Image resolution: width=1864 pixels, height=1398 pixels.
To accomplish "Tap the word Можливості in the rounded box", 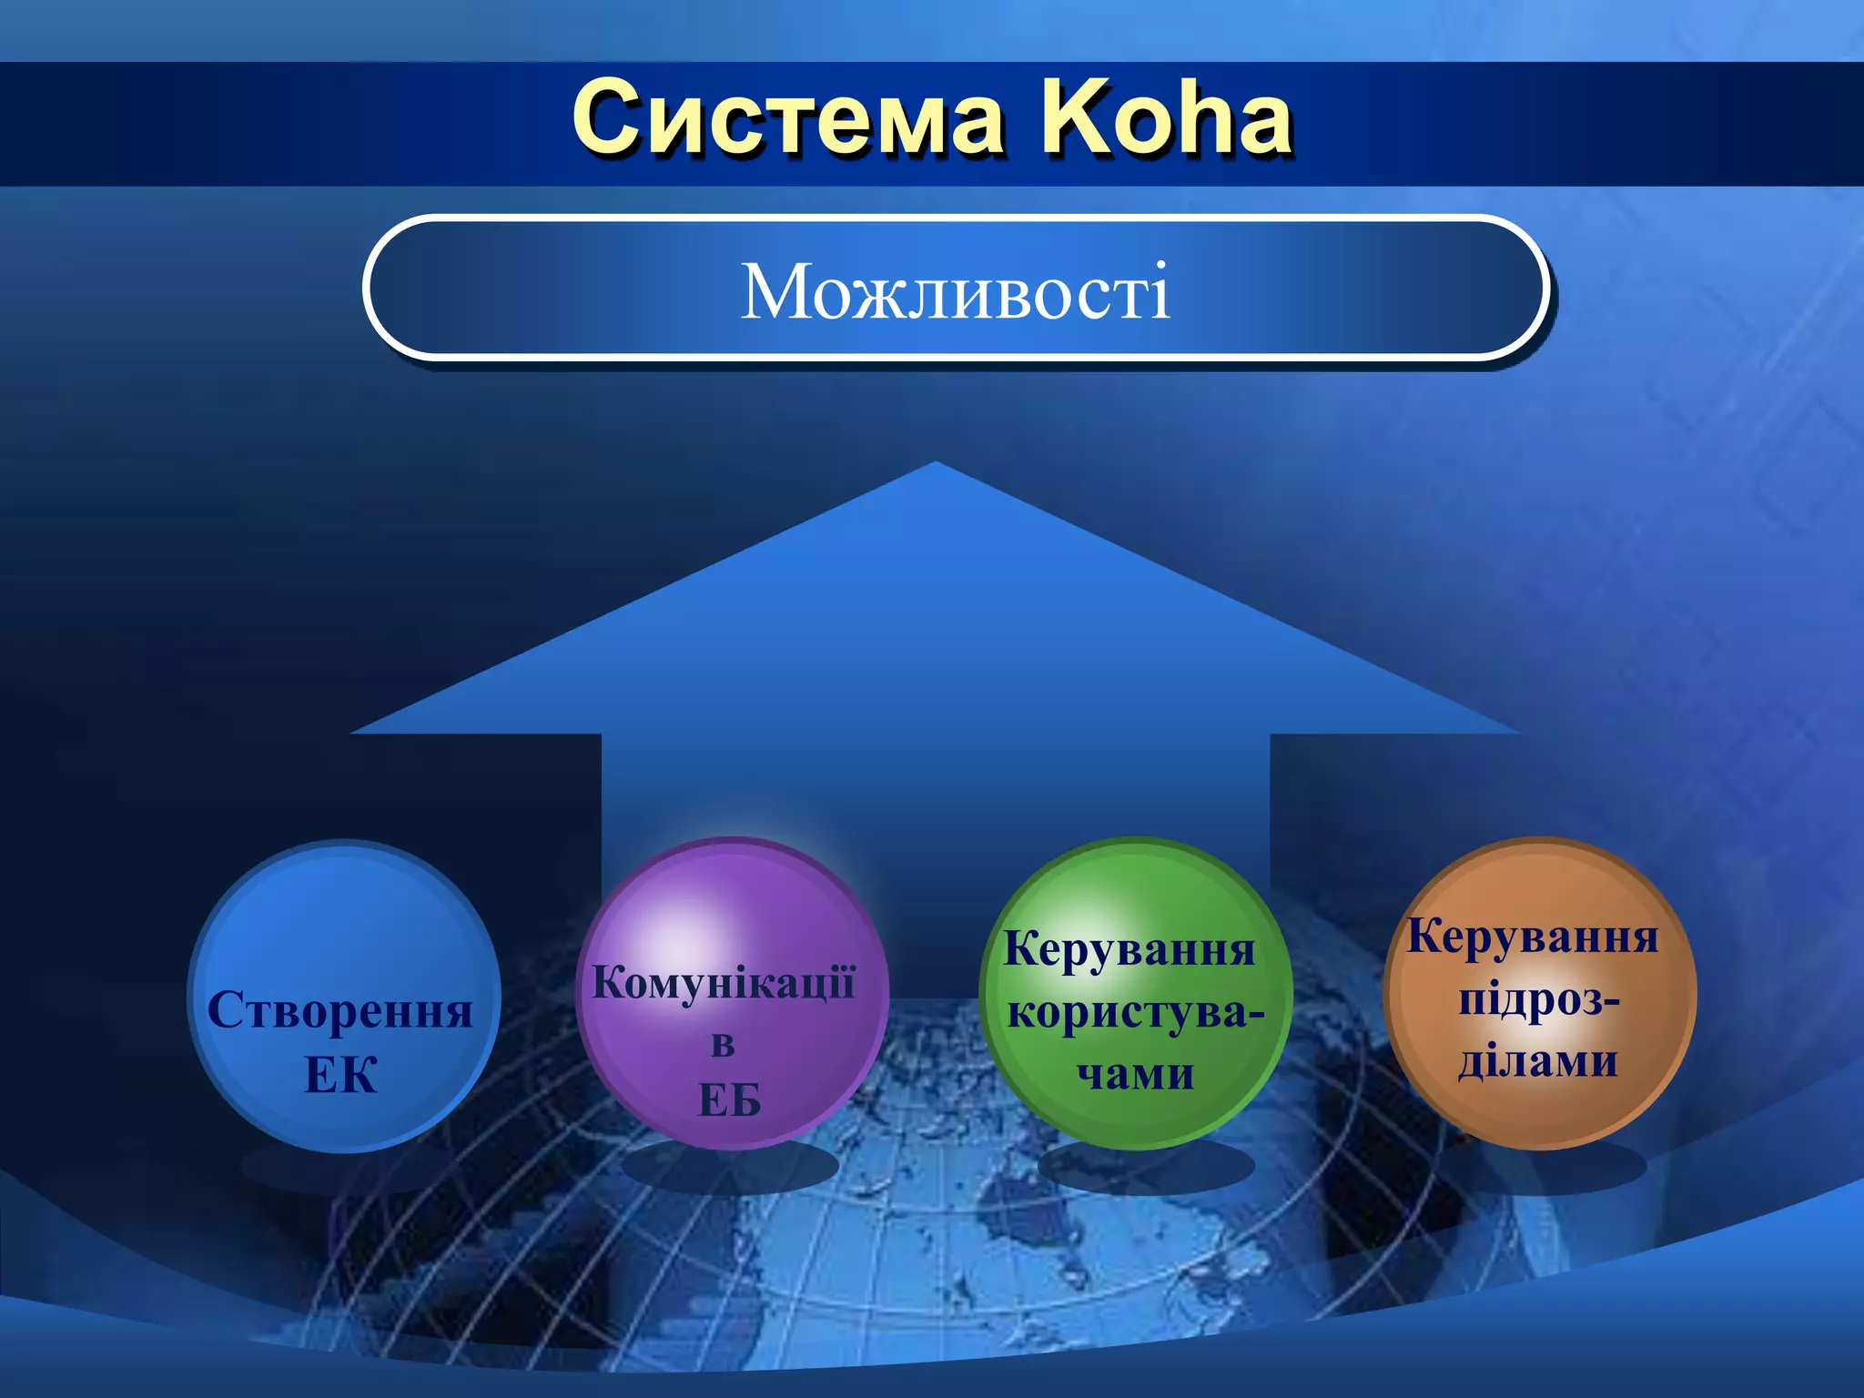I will point(955,291).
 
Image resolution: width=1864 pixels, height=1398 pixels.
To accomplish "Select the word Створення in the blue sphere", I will point(340,1010).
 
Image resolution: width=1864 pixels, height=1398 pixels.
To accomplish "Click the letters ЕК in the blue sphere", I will point(340,1076).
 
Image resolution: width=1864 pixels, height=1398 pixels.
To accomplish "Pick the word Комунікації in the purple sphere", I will point(724,983).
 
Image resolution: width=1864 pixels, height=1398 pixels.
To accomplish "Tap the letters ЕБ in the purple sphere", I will point(729,1100).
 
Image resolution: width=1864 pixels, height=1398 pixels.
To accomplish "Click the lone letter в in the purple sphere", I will point(723,1044).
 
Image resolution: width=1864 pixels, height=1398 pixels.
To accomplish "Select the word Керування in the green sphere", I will point(1129,949).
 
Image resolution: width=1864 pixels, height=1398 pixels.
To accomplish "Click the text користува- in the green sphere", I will point(1135,1013).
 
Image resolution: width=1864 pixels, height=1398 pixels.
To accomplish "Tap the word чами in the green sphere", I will point(1135,1075).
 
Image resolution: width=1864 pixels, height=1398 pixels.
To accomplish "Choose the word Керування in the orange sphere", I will point(1533,937).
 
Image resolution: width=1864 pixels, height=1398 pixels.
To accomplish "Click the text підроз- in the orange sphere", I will point(1539,1000).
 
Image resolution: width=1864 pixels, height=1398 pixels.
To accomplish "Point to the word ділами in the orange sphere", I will point(1538,1062).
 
